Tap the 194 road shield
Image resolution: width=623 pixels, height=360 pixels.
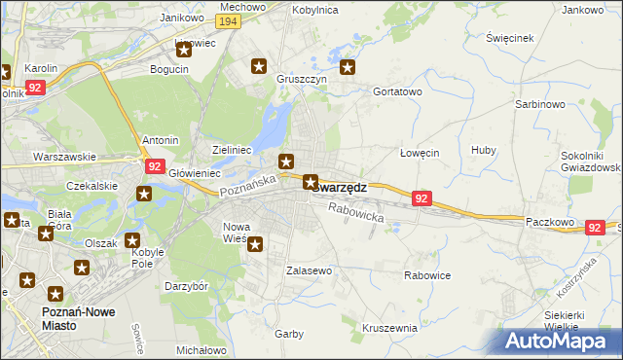click(229, 21)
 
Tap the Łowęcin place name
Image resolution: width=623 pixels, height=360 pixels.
click(421, 153)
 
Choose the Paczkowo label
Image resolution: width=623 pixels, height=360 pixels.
click(547, 222)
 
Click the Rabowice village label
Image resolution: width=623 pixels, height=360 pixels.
click(427, 275)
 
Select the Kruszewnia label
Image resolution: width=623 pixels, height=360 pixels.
click(389, 328)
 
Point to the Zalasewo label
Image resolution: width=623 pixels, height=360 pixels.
click(310, 270)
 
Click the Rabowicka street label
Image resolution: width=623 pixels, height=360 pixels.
click(356, 213)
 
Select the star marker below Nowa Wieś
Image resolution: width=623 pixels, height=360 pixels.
click(255, 244)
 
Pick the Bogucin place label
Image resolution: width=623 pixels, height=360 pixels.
click(168, 69)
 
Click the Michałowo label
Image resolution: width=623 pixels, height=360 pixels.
click(201, 349)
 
